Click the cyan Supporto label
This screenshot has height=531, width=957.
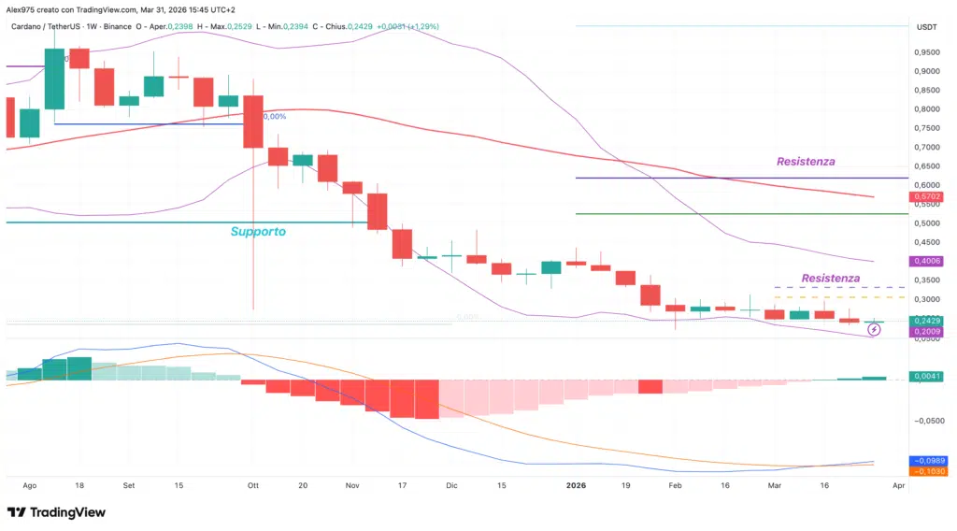pyautogui.click(x=258, y=231)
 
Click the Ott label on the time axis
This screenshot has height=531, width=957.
pyautogui.click(x=253, y=486)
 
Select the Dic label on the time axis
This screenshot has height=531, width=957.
pyautogui.click(x=452, y=486)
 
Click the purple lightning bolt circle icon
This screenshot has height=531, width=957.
pyautogui.click(x=874, y=329)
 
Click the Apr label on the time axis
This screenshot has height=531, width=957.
pyautogui.click(x=898, y=486)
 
